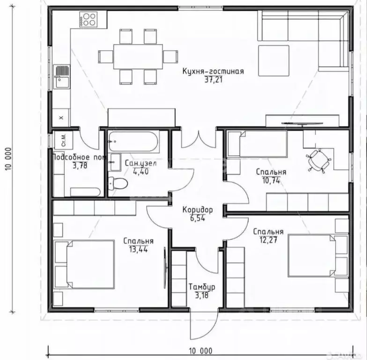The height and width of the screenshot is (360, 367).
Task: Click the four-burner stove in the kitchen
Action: click(88, 19)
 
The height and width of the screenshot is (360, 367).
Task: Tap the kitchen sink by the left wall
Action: click(62, 76)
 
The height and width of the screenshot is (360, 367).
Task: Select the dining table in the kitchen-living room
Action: click(138, 57)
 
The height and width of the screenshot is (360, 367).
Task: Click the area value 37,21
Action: click(213, 80)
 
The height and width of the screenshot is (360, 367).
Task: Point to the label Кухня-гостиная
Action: click(213, 71)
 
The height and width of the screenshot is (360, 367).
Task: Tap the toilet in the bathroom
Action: click(118, 183)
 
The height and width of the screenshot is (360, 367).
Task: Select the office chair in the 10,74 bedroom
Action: click(318, 161)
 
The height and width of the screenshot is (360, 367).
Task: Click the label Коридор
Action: click(198, 210)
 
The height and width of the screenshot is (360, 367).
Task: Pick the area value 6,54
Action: click(198, 218)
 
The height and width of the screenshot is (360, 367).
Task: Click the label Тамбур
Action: click(202, 287)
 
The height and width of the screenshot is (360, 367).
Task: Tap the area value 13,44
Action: click(139, 249)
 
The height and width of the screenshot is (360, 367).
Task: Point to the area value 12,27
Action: click(269, 240)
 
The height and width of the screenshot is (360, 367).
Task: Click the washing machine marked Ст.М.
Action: click(64, 140)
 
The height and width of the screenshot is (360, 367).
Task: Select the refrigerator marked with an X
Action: click(61, 118)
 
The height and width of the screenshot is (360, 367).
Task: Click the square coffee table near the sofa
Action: click(274, 60)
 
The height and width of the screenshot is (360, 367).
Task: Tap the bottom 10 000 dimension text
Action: click(201, 351)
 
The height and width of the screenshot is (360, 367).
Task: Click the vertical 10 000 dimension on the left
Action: click(7, 158)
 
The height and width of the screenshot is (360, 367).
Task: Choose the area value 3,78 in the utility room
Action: click(80, 166)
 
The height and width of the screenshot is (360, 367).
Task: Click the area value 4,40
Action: click(141, 172)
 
